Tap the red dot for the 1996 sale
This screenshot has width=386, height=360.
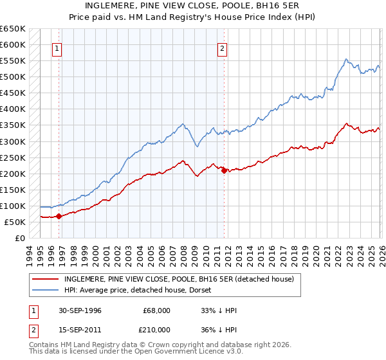pyautogui.click(x=59, y=216)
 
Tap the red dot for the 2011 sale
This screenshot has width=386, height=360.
pyautogui.click(x=223, y=170)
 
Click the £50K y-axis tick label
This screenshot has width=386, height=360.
pyautogui.click(x=15, y=222)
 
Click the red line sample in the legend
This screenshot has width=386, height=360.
pyautogui.click(x=46, y=279)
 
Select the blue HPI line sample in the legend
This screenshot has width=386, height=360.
pyautogui.click(x=46, y=290)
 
